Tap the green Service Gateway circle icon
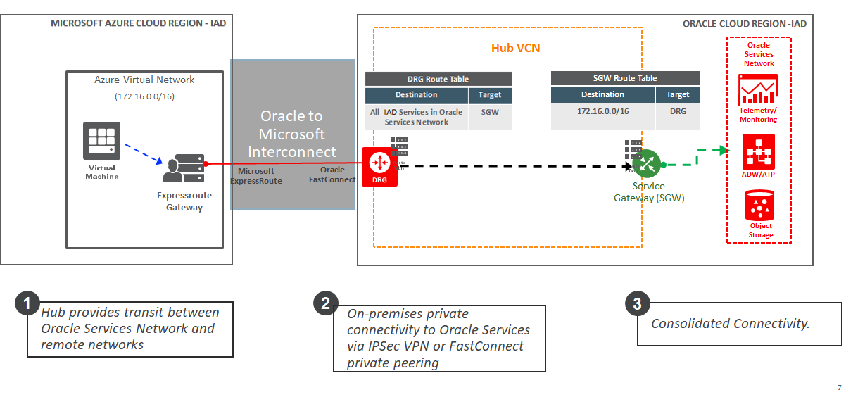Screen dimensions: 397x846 click(645, 164)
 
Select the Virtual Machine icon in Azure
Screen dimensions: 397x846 click(101, 139)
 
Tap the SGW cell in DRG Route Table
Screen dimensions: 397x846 click(490, 112)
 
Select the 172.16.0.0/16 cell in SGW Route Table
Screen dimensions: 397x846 click(602, 111)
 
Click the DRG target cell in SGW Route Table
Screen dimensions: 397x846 click(678, 111)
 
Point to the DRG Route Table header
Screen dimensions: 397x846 click(438, 79)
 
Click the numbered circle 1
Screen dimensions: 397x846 click(27, 304)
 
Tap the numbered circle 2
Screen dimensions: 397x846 click(325, 303)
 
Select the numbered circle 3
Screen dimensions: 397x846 click(637, 304)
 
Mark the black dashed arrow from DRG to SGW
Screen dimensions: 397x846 click(514, 166)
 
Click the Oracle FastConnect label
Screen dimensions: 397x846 click(332, 175)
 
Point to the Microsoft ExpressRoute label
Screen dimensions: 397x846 click(256, 176)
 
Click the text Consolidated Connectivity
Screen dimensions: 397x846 click(730, 324)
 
